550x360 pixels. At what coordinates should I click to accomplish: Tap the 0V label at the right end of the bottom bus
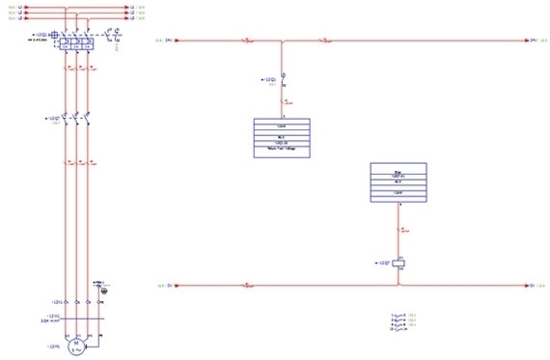click(x=534, y=286)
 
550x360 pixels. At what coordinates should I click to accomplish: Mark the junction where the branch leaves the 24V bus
click(x=282, y=42)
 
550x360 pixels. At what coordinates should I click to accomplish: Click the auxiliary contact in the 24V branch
click(x=282, y=79)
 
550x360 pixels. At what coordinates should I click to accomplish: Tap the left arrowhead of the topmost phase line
click(x=33, y=7)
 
